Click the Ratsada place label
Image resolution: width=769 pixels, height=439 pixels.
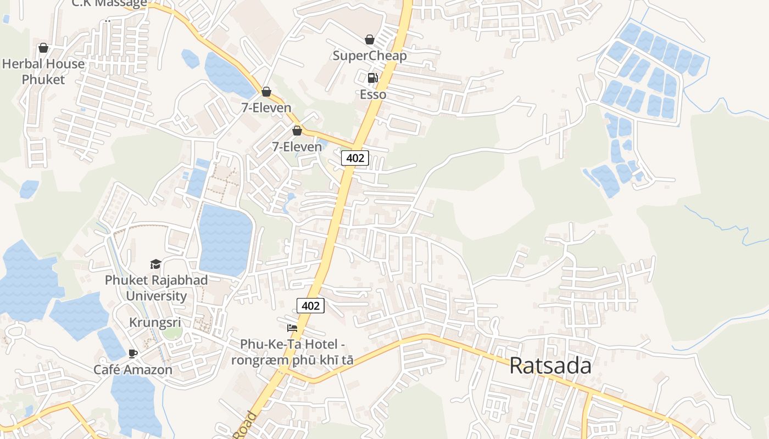click(550, 365)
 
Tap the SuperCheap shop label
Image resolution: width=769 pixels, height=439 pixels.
click(370, 56)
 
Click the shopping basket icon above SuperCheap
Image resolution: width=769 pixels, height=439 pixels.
click(370, 40)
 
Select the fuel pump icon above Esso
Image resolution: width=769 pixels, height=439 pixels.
click(372, 78)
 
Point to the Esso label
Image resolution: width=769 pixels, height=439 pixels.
click(373, 94)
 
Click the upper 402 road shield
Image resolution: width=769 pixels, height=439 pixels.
click(355, 158)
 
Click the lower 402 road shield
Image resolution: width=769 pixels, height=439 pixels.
click(310, 306)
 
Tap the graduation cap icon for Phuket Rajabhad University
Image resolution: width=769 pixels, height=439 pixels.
click(156, 264)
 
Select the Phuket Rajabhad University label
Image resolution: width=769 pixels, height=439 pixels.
click(157, 288)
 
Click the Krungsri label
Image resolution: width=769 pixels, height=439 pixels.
click(155, 323)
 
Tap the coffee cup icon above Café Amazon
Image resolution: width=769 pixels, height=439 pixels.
click(132, 353)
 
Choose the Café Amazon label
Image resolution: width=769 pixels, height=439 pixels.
click(133, 369)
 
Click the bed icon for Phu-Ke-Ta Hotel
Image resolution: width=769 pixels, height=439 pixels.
click(292, 328)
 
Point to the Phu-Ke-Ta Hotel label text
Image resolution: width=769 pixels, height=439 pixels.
click(292, 352)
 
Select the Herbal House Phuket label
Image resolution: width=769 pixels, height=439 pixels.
click(43, 71)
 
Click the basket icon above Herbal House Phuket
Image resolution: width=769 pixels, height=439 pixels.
click(43, 48)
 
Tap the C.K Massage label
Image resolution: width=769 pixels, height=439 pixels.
click(110, 3)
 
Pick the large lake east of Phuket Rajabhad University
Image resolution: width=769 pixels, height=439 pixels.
click(224, 239)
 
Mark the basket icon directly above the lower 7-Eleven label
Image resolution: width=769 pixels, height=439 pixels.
click(297, 131)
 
